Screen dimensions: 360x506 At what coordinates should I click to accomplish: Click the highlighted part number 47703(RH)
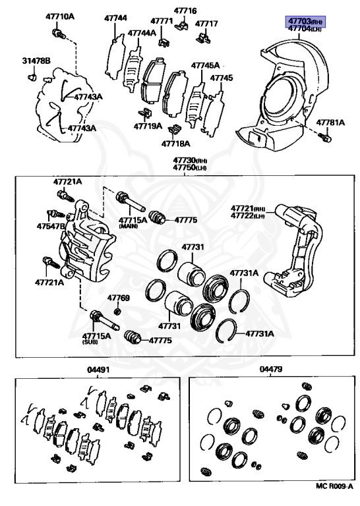click(x=305, y=21)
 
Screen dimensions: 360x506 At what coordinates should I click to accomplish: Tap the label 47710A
click(x=60, y=16)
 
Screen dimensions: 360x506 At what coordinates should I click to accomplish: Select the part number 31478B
click(x=36, y=61)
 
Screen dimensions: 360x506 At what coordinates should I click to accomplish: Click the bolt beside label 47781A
click(x=326, y=138)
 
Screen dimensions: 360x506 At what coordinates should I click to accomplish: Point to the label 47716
click(x=185, y=11)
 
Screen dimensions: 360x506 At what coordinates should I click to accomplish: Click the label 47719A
click(x=148, y=126)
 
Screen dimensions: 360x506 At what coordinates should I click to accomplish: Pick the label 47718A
click(x=175, y=143)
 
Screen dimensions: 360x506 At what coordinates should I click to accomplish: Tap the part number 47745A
click(x=205, y=65)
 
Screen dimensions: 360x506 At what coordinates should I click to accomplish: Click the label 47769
click(x=119, y=298)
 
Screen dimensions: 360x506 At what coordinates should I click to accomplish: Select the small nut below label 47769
click(x=118, y=312)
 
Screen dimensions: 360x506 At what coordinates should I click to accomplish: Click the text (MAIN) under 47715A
click(x=129, y=227)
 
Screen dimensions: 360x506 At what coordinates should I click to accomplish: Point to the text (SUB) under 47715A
click(x=90, y=342)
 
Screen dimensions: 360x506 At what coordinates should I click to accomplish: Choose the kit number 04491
click(x=98, y=370)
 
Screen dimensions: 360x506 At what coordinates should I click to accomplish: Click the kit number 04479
click(x=271, y=369)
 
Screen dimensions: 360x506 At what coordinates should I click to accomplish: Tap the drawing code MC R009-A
click(x=334, y=495)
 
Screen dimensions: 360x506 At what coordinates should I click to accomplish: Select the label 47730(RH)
click(x=190, y=160)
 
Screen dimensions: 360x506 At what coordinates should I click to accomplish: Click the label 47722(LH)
click(x=248, y=215)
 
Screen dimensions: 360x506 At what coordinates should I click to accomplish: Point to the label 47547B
click(x=51, y=226)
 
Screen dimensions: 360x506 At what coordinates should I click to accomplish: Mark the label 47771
click(x=162, y=21)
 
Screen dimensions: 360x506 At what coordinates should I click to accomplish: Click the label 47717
click(x=206, y=24)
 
